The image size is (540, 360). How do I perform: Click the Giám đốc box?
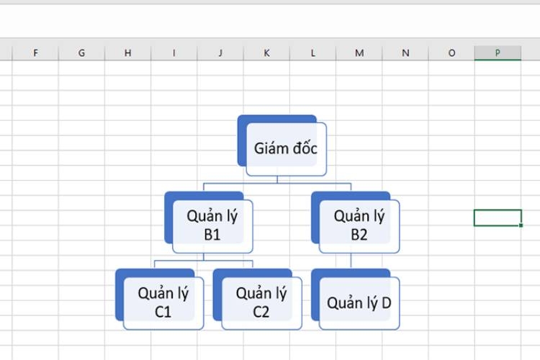282,145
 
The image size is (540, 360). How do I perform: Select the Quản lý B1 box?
209,222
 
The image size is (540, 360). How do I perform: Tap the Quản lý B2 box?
356,222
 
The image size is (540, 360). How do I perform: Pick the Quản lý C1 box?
159,300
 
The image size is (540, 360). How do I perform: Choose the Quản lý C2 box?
258,300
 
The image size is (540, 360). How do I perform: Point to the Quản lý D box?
356,300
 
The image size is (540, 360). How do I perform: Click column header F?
35,53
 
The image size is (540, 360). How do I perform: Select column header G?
81,53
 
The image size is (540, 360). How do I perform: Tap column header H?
127,53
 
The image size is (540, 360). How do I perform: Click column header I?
174,53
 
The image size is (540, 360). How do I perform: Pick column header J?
220,53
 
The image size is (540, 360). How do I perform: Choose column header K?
266,53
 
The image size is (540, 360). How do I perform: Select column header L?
312,53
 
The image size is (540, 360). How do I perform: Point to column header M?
359,53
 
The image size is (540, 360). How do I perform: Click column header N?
405,53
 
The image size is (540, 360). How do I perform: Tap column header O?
451,53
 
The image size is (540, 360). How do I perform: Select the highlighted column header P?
498,53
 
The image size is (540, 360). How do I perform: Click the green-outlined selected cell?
498,217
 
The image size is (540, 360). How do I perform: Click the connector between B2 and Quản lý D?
351,261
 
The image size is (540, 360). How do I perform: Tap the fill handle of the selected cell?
521,225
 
